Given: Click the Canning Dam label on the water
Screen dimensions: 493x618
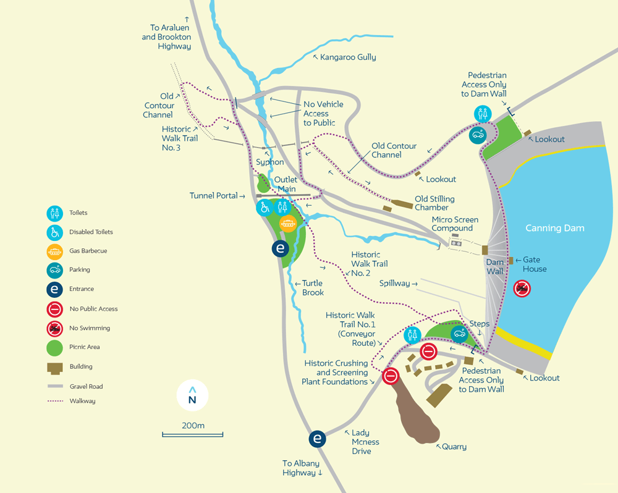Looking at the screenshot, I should (x=554, y=229).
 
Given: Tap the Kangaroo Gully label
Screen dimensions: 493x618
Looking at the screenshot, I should (x=348, y=57).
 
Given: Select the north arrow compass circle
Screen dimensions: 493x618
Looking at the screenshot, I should (x=192, y=395).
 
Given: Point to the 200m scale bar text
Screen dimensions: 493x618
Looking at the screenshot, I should (x=193, y=426).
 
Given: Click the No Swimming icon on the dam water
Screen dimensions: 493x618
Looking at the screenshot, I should (x=523, y=288).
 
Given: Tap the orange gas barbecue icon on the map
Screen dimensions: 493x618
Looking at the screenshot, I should (x=287, y=222).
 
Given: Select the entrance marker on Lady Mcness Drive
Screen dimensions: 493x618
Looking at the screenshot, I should (x=317, y=439).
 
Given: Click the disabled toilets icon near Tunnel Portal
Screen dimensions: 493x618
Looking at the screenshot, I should (x=265, y=208).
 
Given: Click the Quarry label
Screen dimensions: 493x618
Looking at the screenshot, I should (x=454, y=447).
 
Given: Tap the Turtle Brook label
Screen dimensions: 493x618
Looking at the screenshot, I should (x=313, y=288).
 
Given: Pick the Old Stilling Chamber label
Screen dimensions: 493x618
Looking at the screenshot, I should (x=434, y=203).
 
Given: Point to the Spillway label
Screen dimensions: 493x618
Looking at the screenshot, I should (x=395, y=284).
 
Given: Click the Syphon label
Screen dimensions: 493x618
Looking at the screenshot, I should (x=270, y=162).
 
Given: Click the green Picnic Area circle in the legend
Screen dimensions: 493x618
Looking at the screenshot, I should (x=55, y=347).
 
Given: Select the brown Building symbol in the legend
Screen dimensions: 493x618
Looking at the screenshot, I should (x=55, y=367).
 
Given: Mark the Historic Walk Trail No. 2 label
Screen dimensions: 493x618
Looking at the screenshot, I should (x=369, y=264).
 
